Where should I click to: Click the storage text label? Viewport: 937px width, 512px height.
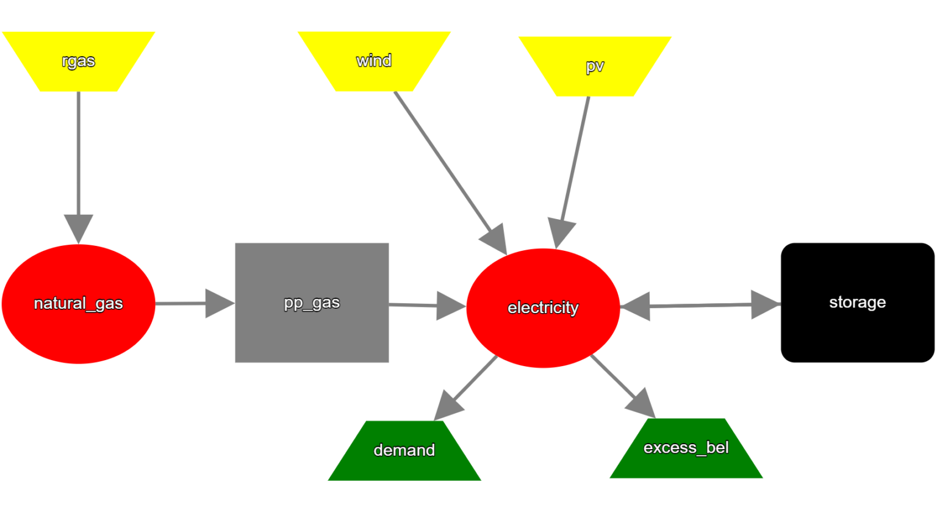tap(857, 302)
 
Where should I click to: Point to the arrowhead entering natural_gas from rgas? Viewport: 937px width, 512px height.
tap(79, 229)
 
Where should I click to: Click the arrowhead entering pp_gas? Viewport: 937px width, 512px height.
tap(220, 303)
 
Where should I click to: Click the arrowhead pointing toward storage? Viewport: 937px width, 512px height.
tap(765, 304)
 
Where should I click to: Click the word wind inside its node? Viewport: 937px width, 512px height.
tap(374, 60)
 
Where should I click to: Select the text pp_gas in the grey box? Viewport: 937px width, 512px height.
tap(312, 303)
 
